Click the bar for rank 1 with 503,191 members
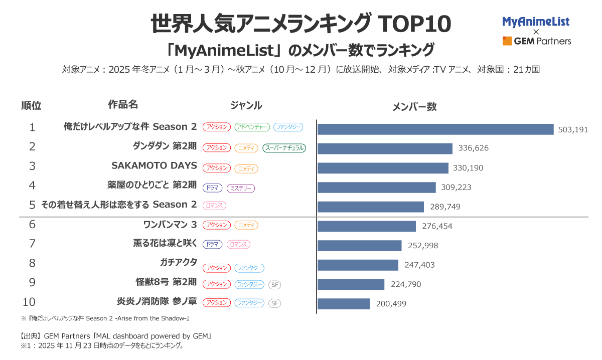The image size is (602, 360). click(x=435, y=129)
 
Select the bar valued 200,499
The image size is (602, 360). click(x=344, y=303)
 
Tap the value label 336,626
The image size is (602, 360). click(x=473, y=148)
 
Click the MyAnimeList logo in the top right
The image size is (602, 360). click(x=536, y=22)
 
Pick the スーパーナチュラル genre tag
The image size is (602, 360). click(x=284, y=148)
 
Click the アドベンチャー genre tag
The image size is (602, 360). click(x=252, y=127)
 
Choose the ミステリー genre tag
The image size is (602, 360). click(x=241, y=188)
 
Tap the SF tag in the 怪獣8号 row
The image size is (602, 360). click(x=274, y=284)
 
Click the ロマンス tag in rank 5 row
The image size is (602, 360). click(x=215, y=206)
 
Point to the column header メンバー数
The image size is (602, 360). click(x=414, y=107)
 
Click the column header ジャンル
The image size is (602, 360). click(x=246, y=105)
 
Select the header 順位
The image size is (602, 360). click(x=31, y=106)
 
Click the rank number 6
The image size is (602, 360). click(x=32, y=224)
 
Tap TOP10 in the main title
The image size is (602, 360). click(x=413, y=24)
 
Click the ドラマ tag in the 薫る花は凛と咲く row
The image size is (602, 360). click(x=212, y=245)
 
